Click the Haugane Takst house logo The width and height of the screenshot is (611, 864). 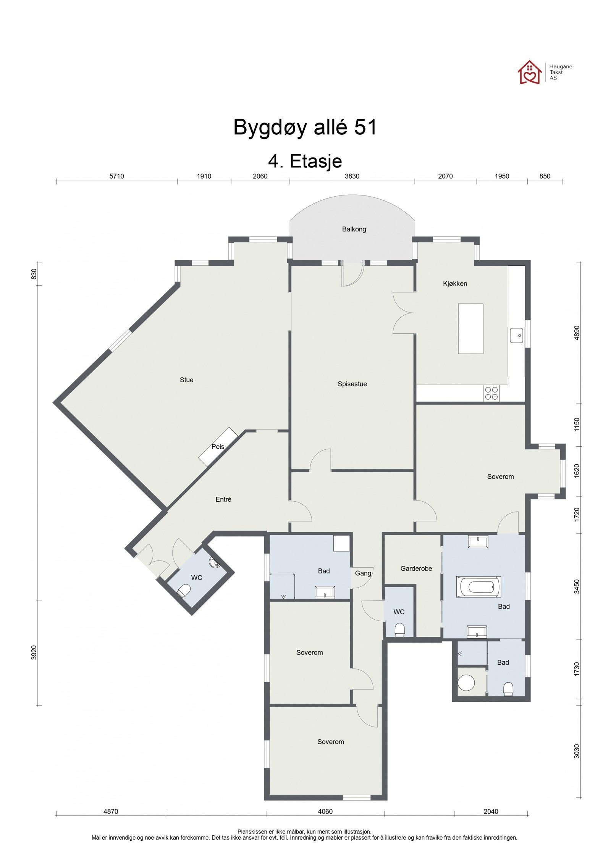529,72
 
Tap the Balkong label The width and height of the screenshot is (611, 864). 354,229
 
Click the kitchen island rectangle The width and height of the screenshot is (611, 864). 470,329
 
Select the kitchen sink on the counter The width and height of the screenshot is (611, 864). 516,335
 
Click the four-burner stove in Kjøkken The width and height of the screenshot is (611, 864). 491,393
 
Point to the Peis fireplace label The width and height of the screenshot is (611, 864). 218,446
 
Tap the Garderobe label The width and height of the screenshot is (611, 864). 416,568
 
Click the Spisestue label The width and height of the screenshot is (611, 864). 352,384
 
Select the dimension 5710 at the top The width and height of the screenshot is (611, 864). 117,176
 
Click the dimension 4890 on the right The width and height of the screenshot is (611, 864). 577,333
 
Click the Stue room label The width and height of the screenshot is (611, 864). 186,380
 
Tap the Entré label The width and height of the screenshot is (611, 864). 223,499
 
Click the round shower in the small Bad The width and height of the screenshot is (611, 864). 466,682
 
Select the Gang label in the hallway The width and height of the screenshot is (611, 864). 363,573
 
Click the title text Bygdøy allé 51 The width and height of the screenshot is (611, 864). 305,127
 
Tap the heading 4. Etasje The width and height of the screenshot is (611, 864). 305,161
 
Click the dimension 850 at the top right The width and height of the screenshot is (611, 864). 545,176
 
